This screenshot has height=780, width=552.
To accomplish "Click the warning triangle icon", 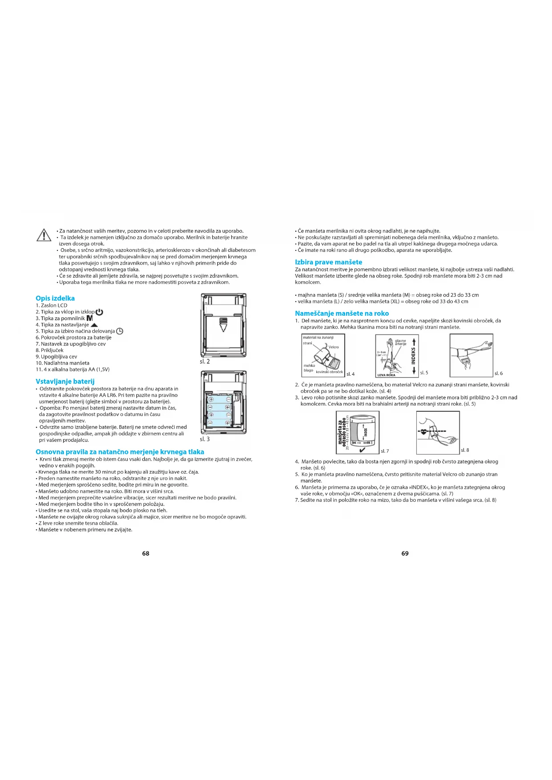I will click(x=44, y=235).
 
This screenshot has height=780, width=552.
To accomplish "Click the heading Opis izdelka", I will click(x=55, y=298).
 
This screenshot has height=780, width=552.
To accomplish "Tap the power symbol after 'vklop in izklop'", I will click(x=99, y=312).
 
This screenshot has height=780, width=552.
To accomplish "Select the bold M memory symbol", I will click(x=89, y=318).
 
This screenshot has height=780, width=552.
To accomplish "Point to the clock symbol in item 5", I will click(x=120, y=331).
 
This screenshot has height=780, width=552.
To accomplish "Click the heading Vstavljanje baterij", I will click(x=65, y=382).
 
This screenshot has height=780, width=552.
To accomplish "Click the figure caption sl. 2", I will click(x=205, y=362).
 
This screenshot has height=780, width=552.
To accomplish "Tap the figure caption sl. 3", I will click(x=205, y=439).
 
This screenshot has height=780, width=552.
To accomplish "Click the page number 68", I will click(x=145, y=554).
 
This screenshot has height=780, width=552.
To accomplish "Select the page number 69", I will click(x=405, y=554).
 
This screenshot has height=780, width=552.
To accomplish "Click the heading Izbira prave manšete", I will click(x=328, y=262).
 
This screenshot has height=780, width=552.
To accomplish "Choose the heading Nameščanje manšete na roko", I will click(x=342, y=314).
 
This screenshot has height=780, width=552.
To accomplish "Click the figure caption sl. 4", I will click(x=351, y=374).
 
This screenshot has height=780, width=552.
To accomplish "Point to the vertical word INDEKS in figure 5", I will click(x=413, y=355).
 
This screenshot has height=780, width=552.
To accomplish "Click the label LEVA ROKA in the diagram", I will click(x=386, y=375).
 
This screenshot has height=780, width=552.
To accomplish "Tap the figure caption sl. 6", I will click(x=499, y=374).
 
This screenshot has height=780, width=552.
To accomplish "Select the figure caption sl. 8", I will click(x=465, y=450).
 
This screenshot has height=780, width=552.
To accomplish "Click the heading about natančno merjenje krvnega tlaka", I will click(x=120, y=452).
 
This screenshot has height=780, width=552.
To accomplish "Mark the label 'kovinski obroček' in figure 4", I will click(x=329, y=372).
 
